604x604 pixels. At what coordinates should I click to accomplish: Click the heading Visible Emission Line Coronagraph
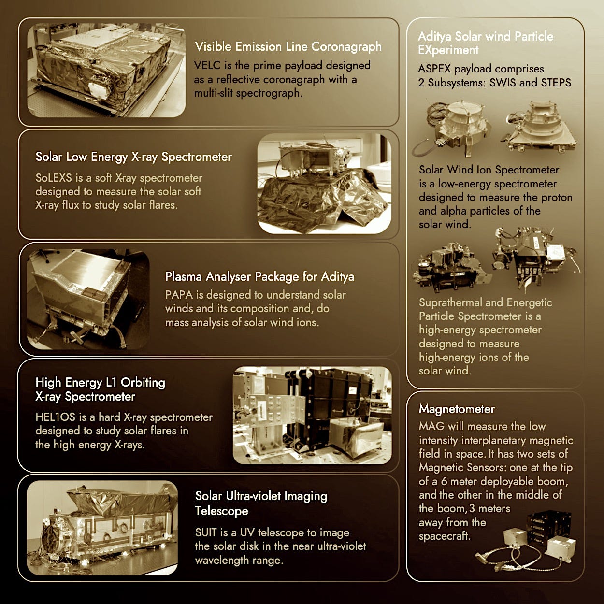(x=288, y=47)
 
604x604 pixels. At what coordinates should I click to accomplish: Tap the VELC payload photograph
(x=106, y=70)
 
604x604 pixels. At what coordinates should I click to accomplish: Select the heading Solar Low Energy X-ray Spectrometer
(x=133, y=157)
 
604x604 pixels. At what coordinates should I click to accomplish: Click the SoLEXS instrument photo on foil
(x=324, y=184)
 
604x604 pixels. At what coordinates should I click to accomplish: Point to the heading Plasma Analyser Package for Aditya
(x=259, y=276)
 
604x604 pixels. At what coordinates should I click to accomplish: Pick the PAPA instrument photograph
(x=88, y=299)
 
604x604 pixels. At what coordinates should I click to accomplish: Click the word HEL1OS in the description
(x=56, y=417)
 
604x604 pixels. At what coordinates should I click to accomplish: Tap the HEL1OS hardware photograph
(x=312, y=415)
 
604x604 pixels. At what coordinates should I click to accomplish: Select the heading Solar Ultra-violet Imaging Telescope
(x=261, y=503)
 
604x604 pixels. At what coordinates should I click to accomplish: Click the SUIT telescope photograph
(x=102, y=528)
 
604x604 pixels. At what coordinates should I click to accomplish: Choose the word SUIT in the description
(x=206, y=532)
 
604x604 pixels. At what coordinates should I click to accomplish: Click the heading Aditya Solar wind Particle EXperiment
(x=486, y=43)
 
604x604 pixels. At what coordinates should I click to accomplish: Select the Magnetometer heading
(x=457, y=409)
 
